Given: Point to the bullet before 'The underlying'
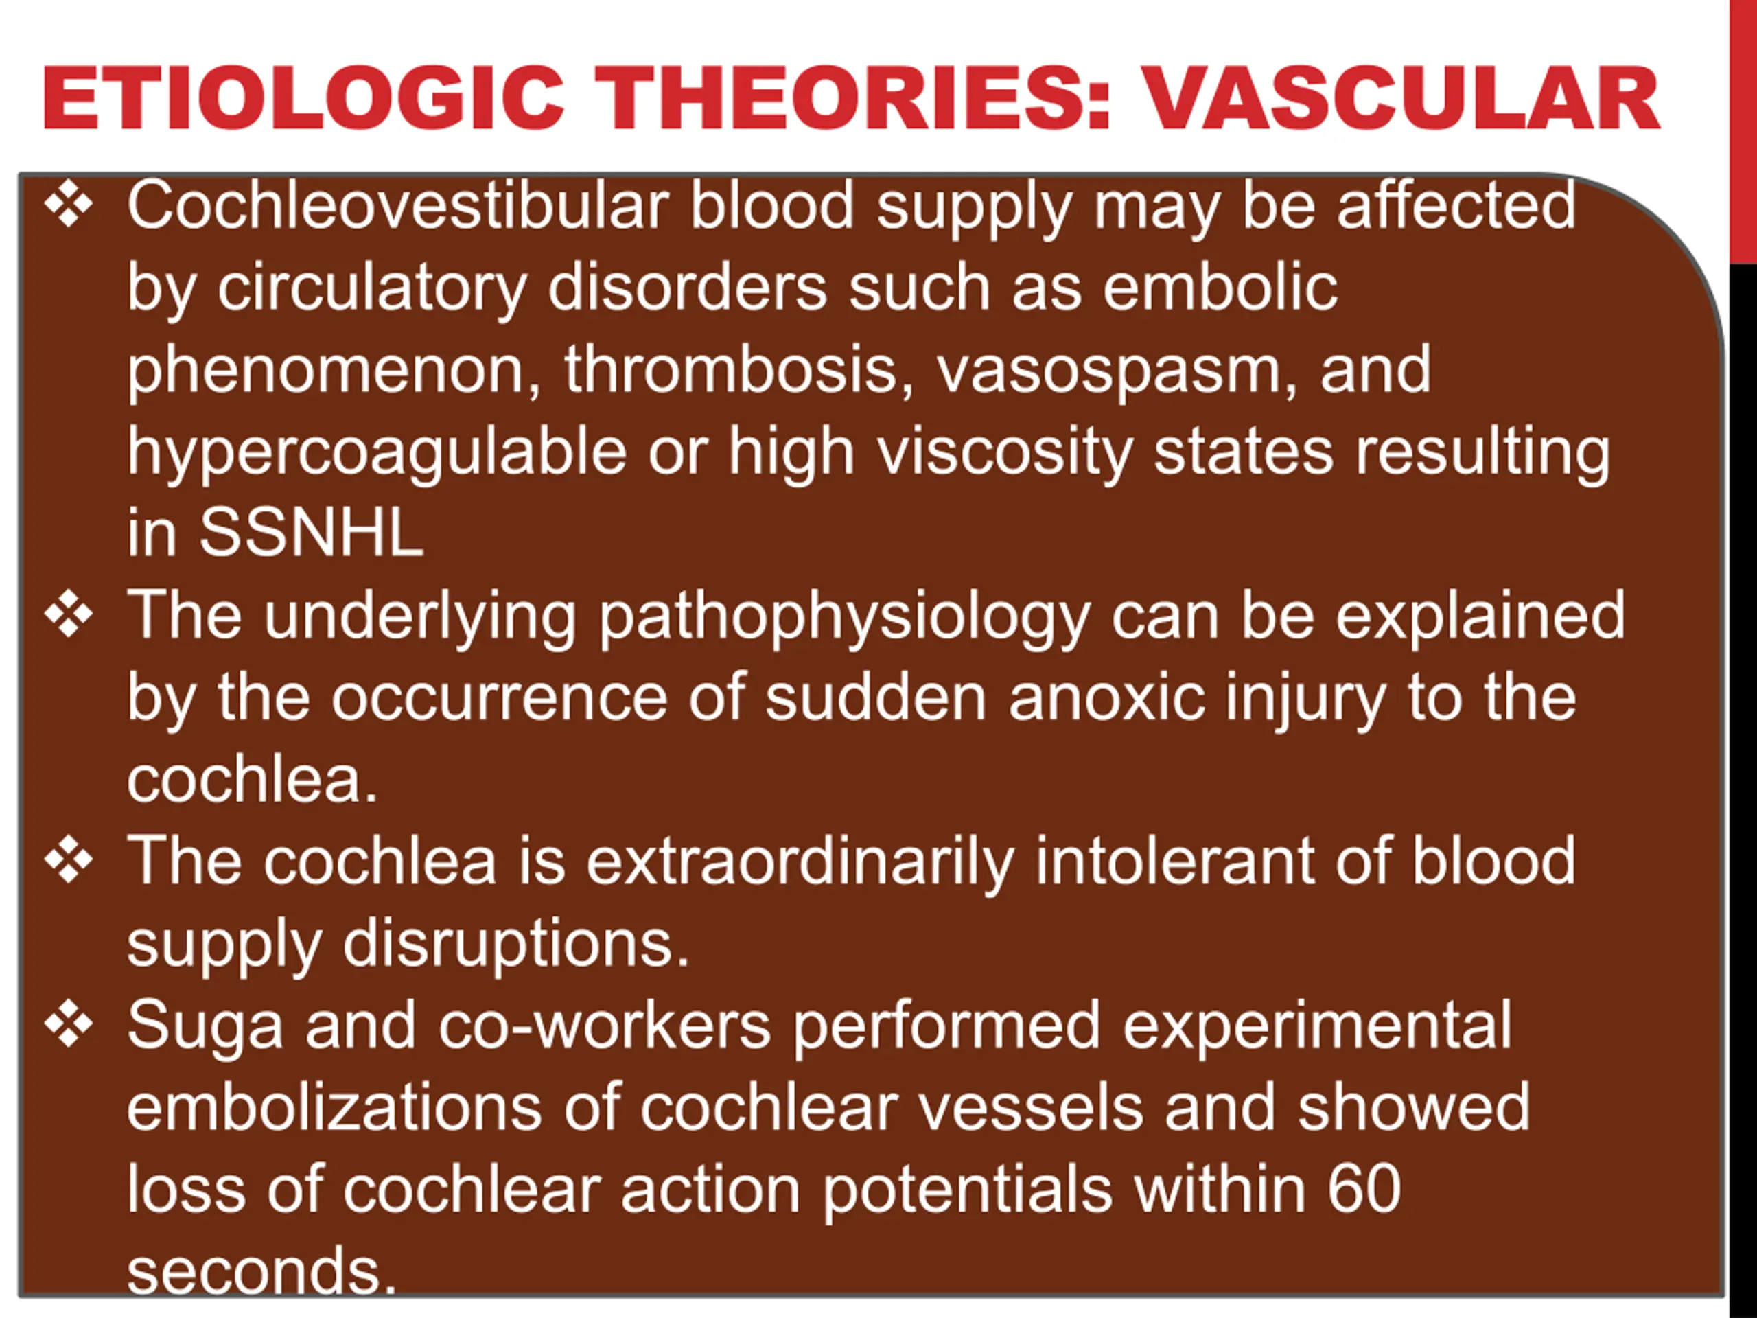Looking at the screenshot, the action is pyautogui.click(x=69, y=615).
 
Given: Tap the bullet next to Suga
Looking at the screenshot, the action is pyautogui.click(x=69, y=1025).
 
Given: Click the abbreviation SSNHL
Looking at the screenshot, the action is pyautogui.click(x=312, y=533).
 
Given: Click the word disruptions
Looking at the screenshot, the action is pyautogui.click(x=516, y=946).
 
